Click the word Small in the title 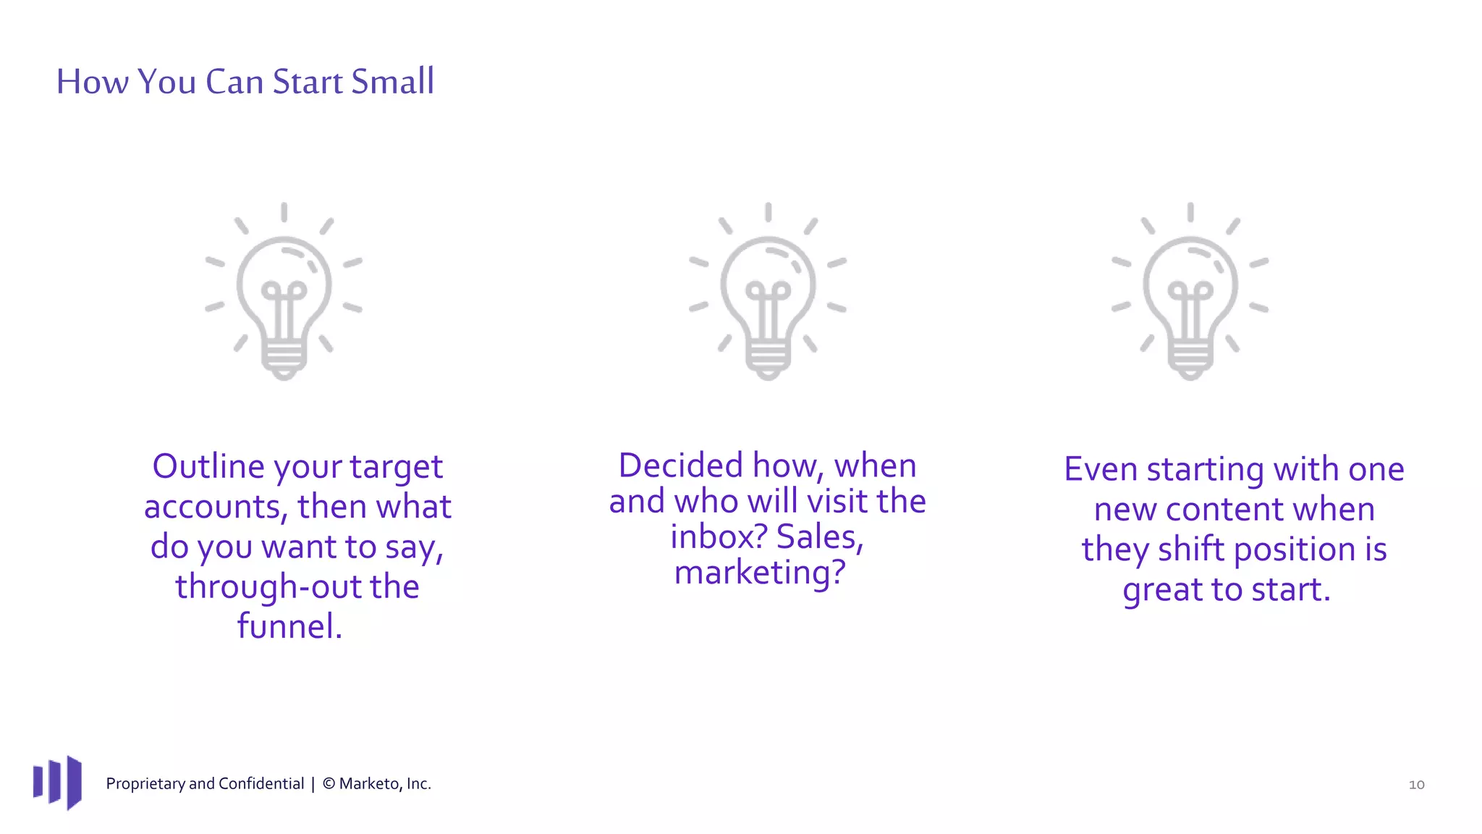click(392, 81)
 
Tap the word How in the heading click(92, 81)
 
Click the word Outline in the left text click(208, 466)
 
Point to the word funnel click(289, 626)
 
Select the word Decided click(680, 466)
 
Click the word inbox click(717, 536)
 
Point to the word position click(1295, 549)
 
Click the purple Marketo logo click(57, 783)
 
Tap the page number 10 click(1416, 785)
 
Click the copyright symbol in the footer click(329, 783)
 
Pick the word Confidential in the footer click(261, 783)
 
